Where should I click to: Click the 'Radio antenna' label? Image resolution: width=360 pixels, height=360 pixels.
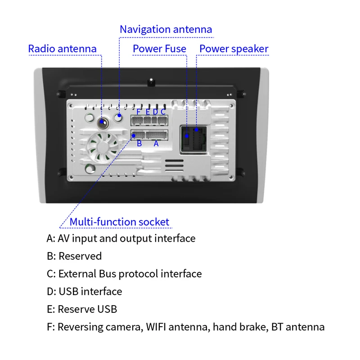click(x=62, y=49)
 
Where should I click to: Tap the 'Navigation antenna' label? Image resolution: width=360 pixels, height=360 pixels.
click(x=166, y=30)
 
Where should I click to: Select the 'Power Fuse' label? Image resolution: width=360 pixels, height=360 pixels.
click(x=159, y=49)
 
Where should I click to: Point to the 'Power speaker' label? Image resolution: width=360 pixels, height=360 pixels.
click(x=234, y=49)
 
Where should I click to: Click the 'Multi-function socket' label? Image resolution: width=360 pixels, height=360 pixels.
click(x=119, y=222)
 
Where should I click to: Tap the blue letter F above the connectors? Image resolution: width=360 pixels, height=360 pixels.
click(x=139, y=111)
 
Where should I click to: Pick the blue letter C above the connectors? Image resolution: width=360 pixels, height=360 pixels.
click(x=163, y=111)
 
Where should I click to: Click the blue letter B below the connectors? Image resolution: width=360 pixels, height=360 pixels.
click(x=139, y=144)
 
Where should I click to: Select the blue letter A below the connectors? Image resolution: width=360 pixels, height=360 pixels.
click(x=156, y=144)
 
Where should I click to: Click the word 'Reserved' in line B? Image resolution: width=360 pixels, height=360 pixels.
click(x=80, y=256)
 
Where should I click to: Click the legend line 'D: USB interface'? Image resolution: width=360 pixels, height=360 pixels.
click(x=84, y=291)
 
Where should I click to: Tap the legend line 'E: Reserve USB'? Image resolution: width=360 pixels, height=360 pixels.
click(x=81, y=309)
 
